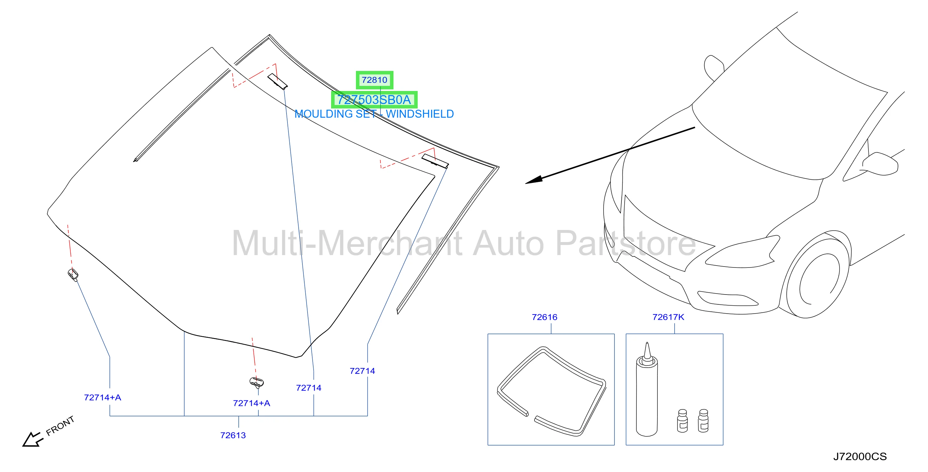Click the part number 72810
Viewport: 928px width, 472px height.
pos(374,80)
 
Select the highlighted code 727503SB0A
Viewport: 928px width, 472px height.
pos(374,100)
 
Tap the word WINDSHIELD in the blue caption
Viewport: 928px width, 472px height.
pos(420,114)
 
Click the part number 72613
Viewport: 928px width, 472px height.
pos(233,435)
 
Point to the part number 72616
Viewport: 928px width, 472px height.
pos(544,317)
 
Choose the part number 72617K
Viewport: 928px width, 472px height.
pos(668,317)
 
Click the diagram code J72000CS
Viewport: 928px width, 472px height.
pos(860,456)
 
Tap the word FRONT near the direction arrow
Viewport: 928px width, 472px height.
pos(60,426)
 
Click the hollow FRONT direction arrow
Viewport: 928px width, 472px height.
pos(32,439)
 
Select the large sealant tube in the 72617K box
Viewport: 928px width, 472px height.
pos(647,391)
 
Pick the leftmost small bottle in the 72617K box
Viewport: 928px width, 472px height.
pos(682,420)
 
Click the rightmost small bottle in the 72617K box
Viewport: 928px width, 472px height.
pos(703,420)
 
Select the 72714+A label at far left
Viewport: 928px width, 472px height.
pos(103,398)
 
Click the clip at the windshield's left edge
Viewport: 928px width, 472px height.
pos(73,275)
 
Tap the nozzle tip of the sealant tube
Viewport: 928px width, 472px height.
pos(647,343)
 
